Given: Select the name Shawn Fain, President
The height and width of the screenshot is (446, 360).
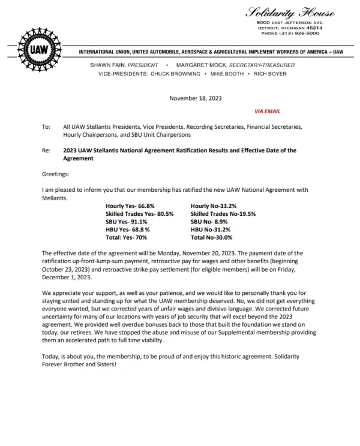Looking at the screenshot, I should pos(124,65).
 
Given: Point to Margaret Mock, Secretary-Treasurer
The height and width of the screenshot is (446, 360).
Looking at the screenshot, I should pos(227,65).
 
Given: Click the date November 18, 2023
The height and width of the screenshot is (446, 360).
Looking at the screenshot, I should pos(196,97).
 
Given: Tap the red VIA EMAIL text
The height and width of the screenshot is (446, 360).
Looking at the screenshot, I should pos(267,111).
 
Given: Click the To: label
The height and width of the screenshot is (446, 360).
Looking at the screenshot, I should pos(46,127).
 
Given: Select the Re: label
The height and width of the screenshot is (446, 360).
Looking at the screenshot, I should pos(46,150).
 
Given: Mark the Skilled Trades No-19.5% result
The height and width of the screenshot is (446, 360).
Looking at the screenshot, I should pos(223,213).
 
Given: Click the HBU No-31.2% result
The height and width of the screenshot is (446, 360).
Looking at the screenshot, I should pos(211,229).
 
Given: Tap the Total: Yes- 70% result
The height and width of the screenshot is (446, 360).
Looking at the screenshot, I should pos(125,237).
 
